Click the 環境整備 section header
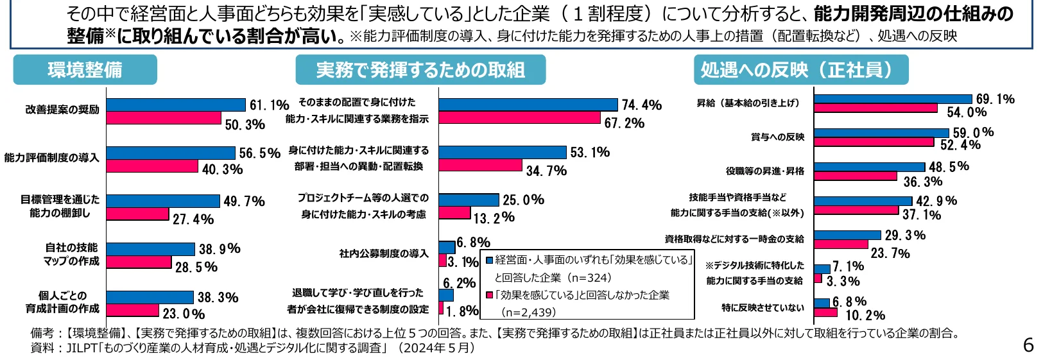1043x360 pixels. tap(85, 70)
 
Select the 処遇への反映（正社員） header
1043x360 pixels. tap(800, 70)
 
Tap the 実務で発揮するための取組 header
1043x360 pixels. tap(420, 70)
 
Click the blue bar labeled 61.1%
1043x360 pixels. tap(176, 105)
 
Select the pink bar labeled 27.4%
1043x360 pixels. tap(137, 214)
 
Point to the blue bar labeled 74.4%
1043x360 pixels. tap(528, 105)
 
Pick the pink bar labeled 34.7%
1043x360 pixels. tap(480, 165)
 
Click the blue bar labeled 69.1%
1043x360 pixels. tap(893, 99)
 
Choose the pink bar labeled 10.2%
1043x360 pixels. tap(825, 313)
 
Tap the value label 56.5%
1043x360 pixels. tap(260, 153)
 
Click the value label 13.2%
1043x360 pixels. tap(494, 218)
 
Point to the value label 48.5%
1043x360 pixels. tap(949, 167)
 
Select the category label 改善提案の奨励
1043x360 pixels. tap(62, 110)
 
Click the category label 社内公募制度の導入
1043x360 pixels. tap(384, 253)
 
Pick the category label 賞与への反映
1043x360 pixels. tap(777, 137)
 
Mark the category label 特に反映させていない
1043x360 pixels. tap(763, 308)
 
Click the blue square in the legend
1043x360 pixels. tap(489, 261)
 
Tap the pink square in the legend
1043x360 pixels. tap(489, 295)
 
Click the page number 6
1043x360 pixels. tap(1028, 345)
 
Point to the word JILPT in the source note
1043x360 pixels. tap(76, 348)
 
